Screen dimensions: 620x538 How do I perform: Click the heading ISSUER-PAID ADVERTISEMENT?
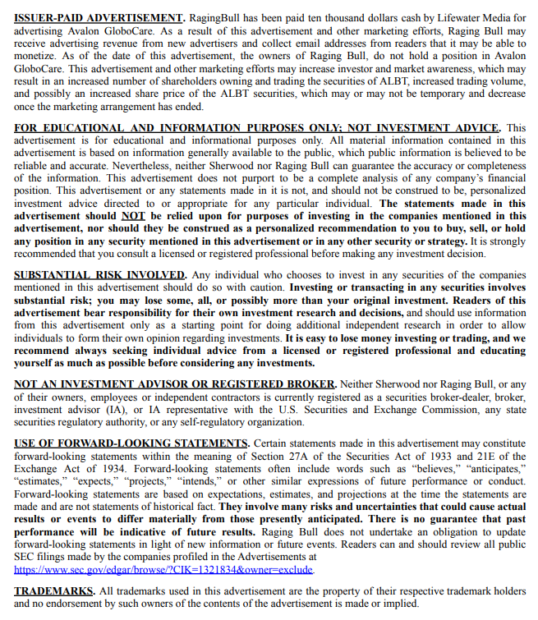click(x=99, y=17)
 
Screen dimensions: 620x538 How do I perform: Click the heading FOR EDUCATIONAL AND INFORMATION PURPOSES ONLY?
click(x=257, y=127)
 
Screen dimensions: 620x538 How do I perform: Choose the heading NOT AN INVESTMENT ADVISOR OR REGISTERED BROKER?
click(x=175, y=383)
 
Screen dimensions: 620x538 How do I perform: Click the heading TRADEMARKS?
click(x=53, y=590)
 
